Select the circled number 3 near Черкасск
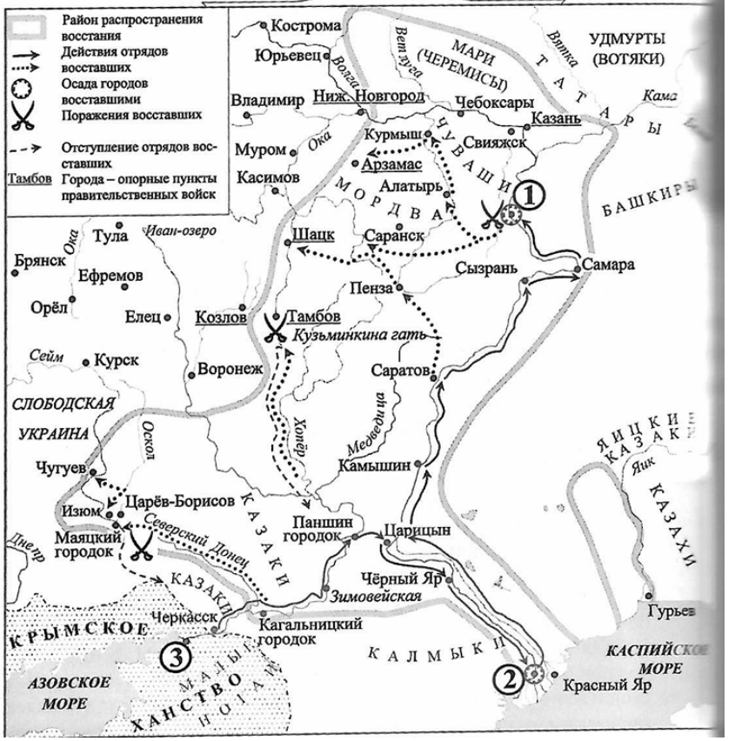click(x=170, y=655)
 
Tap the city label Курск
click(x=116, y=358)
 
